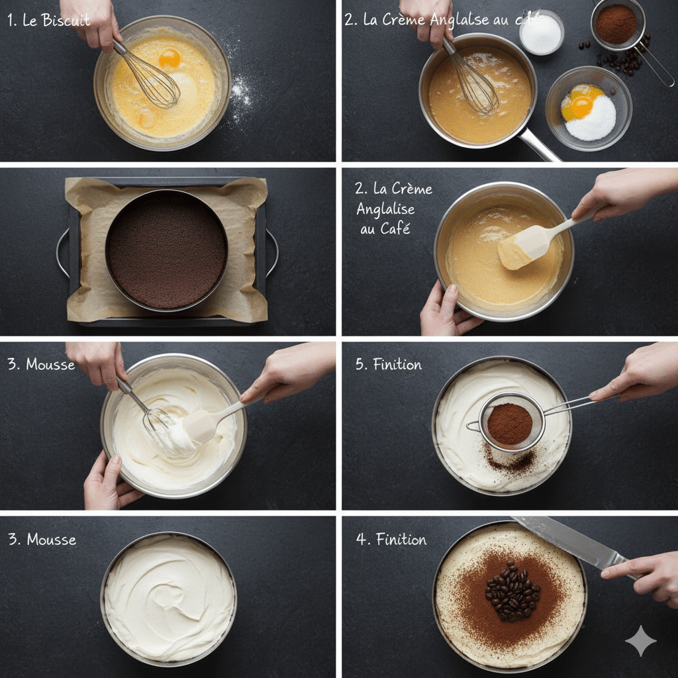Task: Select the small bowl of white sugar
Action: click(541, 33)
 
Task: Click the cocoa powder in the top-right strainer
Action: click(615, 24)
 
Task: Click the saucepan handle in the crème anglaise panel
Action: click(539, 146)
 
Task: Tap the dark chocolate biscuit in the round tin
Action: click(167, 251)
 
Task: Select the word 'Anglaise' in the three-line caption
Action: click(385, 209)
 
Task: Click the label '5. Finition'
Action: click(388, 364)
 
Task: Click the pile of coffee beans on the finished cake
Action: click(512, 591)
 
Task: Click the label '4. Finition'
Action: click(391, 540)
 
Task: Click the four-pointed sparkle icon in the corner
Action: click(640, 640)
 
